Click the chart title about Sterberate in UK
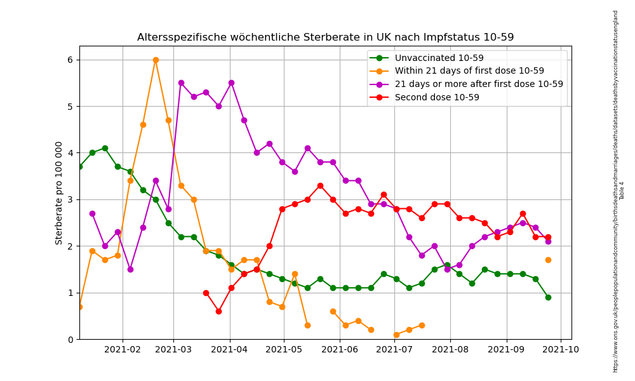pyautogui.click(x=325, y=37)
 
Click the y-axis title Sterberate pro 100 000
pyautogui.click(x=59, y=192)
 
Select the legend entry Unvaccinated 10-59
pyautogui.click(x=439, y=58)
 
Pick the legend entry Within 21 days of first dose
pyautogui.click(x=469, y=71)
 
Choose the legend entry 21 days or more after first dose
pyautogui.click(x=479, y=84)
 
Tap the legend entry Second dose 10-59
pyautogui.click(x=437, y=97)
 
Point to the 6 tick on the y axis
pyautogui.click(x=70, y=60)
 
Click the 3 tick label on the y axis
pyautogui.click(x=70, y=199)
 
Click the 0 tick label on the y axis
pyautogui.click(x=70, y=339)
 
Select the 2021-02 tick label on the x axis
pyautogui.click(x=122, y=349)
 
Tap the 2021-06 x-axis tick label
pyautogui.click(x=339, y=349)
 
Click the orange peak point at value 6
pyautogui.click(x=156, y=60)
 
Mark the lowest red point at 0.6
pyautogui.click(x=218, y=311)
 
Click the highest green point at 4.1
pyautogui.click(x=105, y=148)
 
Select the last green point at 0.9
pyautogui.click(x=548, y=297)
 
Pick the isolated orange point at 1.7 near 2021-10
pyautogui.click(x=548, y=260)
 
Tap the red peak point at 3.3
pyautogui.click(x=320, y=185)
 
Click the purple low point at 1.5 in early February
pyautogui.click(x=130, y=269)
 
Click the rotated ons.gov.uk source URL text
pyautogui.click(x=615, y=190)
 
